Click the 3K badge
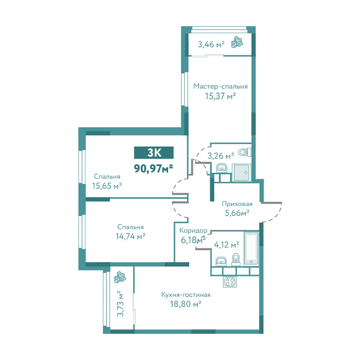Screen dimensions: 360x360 [154, 153]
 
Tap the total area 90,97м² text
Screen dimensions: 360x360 [153, 168]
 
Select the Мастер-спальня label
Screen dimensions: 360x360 [220, 86]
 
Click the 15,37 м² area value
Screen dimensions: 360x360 [220, 96]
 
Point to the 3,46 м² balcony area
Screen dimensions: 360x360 [211, 44]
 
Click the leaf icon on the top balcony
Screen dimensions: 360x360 [237, 42]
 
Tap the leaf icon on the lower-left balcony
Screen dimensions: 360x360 [120, 277]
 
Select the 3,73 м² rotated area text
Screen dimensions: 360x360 [120, 304]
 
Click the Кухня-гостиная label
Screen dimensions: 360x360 [186, 295]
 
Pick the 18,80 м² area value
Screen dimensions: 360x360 [186, 304]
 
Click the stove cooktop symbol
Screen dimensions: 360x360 [230, 282]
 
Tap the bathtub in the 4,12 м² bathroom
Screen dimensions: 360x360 [251, 248]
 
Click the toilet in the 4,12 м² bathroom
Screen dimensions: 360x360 [236, 259]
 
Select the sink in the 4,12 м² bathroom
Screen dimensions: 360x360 [221, 261]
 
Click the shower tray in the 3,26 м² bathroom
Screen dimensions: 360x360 [241, 172]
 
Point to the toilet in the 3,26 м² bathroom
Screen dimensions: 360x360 [245, 152]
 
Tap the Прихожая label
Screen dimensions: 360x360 [237, 204]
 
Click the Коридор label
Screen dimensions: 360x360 [193, 231]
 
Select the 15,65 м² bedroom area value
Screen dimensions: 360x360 [107, 186]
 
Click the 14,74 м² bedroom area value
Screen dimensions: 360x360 [130, 236]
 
